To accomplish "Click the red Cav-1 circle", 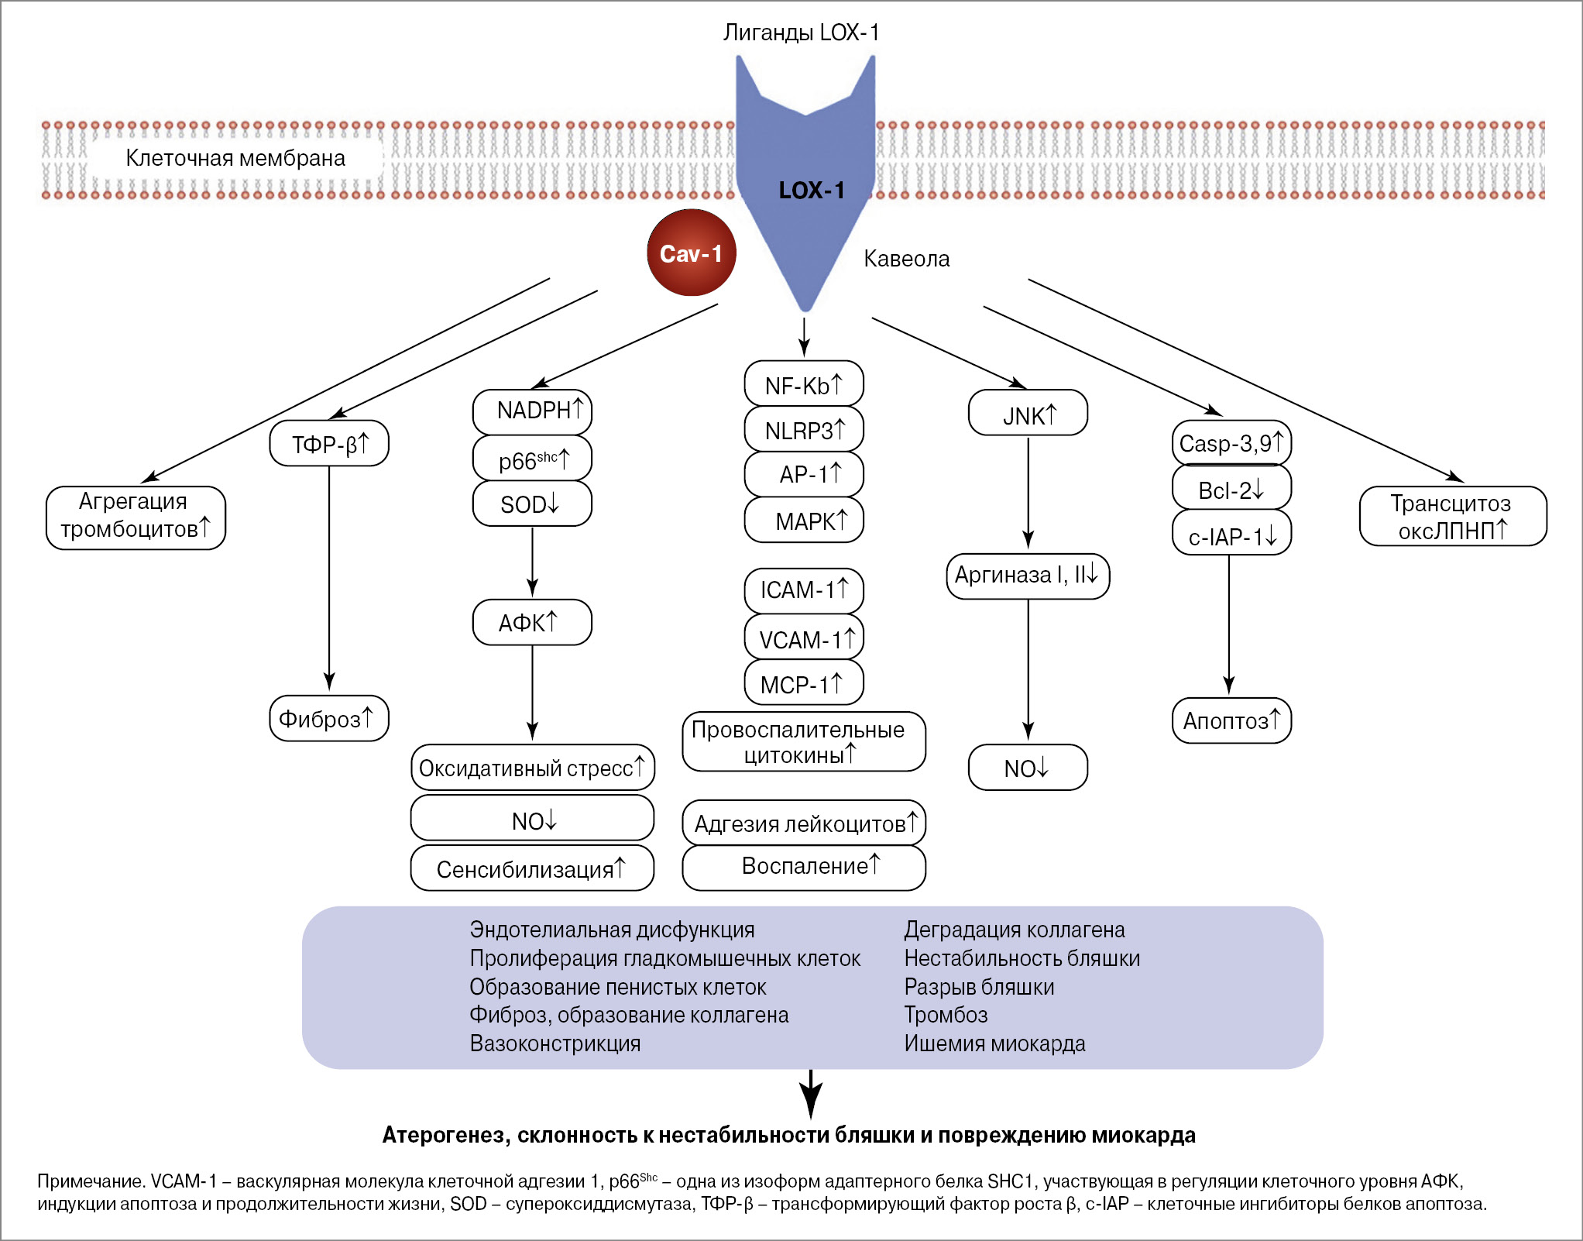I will pos(691,253).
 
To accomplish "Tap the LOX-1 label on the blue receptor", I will pos(811,191).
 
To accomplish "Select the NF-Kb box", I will pos(804,384).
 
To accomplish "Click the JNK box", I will pos(1028,414).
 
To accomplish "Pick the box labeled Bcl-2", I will pos(1231,489).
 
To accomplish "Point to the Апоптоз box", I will pos(1231,720).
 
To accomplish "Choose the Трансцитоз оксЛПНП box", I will pos(1453,517).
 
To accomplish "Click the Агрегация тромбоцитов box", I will pos(136,517).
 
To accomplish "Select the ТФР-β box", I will pos(329,444).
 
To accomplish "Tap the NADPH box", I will pos(532,411).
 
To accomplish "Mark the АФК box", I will pos(532,622).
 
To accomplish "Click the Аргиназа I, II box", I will pos(1028,576).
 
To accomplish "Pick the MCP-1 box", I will pos(804,683).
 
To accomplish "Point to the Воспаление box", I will pos(804,867).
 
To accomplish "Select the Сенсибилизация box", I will pos(532,868).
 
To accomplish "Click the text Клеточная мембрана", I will pos(235,158).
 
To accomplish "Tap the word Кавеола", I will pos(906,259).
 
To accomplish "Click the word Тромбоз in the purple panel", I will pos(946,1015).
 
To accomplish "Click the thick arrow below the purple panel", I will pos(810,1094).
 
